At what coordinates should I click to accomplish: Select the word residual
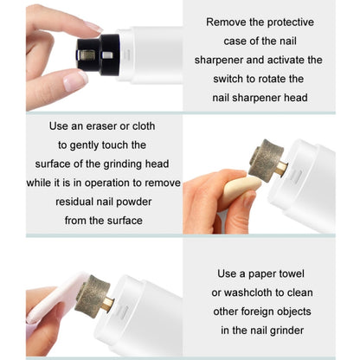tap(74, 202)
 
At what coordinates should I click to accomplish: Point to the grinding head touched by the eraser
tap(266, 161)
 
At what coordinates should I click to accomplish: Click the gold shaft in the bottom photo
tap(108, 305)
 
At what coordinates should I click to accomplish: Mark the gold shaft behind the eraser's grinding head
tap(281, 169)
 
